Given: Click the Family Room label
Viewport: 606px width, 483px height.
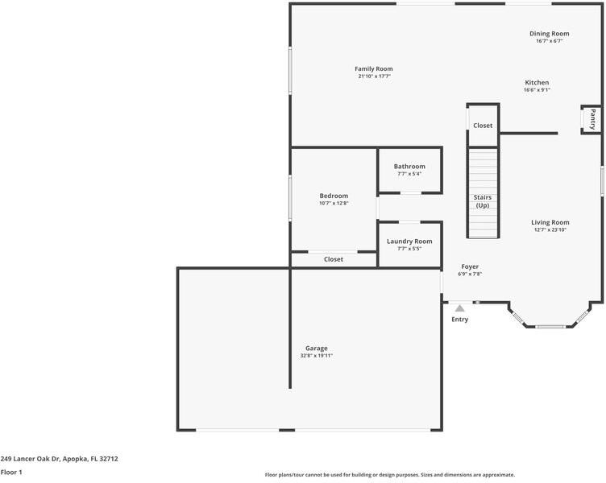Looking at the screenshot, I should (373, 69).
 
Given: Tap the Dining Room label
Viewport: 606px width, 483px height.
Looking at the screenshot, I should (549, 34).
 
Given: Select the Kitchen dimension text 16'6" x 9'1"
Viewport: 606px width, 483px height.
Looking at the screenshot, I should (537, 90).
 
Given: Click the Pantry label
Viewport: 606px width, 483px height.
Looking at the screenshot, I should (592, 119).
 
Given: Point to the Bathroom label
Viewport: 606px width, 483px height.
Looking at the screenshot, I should (409, 167).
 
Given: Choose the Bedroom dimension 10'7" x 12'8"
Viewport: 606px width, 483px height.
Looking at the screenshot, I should (334, 204).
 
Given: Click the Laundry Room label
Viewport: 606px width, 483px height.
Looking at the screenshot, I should (409, 242).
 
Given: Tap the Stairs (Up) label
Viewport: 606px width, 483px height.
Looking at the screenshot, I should (483, 201).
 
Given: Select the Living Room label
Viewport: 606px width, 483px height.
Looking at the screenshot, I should (550, 222).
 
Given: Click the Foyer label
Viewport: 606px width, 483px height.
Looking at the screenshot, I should (470, 266).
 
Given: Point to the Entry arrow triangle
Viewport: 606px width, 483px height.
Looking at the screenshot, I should (459, 308).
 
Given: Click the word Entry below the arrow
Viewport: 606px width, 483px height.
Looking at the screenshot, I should (459, 320).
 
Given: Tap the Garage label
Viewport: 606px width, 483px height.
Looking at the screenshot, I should (316, 349).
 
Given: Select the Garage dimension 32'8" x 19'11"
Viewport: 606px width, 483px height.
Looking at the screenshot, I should (316, 356).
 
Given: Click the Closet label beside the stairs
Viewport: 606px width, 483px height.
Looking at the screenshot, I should (483, 126).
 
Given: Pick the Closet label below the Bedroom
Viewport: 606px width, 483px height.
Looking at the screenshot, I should (334, 259).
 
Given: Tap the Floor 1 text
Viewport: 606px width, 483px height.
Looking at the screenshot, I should (11, 473).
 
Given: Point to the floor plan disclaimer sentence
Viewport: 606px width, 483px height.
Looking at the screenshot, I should (389, 475).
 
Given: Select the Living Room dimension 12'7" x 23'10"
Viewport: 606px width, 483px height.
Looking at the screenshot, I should (550, 230).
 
